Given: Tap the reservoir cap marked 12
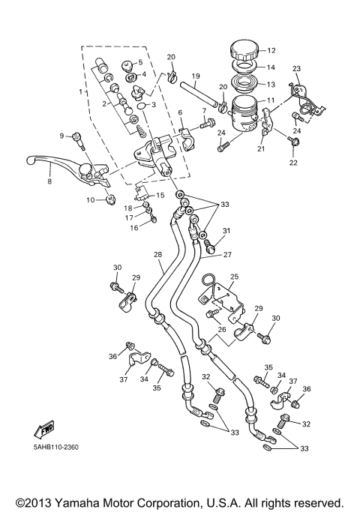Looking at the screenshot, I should [x=244, y=52].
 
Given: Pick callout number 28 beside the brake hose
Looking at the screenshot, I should [x=158, y=255].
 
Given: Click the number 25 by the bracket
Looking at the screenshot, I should [x=234, y=277].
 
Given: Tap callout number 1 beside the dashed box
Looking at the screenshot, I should [x=83, y=91].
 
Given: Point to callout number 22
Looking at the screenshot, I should [x=293, y=163].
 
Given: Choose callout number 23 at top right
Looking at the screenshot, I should [x=297, y=68].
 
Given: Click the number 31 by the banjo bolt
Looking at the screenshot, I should [x=226, y=231].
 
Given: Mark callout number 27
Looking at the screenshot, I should [x=226, y=254].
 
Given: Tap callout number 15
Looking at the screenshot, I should [x=160, y=195].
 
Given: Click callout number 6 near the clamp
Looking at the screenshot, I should [x=181, y=112].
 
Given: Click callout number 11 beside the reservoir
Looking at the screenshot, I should [x=271, y=100].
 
